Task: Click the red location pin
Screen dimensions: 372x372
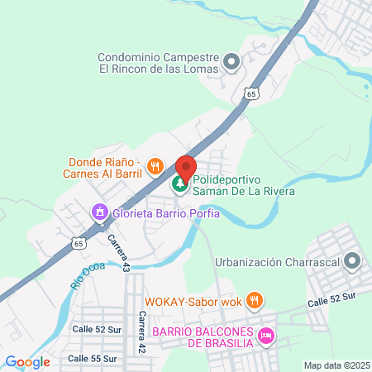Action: (186, 168)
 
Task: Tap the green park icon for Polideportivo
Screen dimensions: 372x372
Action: (179, 184)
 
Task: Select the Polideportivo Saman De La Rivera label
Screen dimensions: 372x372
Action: (243, 184)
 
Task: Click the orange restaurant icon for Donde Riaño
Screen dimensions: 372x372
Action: (154, 168)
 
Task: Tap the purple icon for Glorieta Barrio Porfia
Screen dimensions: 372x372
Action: (100, 213)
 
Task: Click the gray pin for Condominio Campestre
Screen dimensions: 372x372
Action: (231, 60)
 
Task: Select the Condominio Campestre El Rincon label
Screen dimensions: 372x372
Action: (158, 64)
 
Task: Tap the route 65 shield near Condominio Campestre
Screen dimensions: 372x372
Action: (250, 95)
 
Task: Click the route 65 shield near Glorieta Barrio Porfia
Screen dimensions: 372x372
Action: (78, 244)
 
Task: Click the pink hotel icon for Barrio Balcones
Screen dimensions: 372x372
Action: (266, 336)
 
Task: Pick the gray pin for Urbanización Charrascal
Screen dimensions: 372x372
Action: (352, 262)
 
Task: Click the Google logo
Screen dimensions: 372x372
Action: (27, 361)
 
